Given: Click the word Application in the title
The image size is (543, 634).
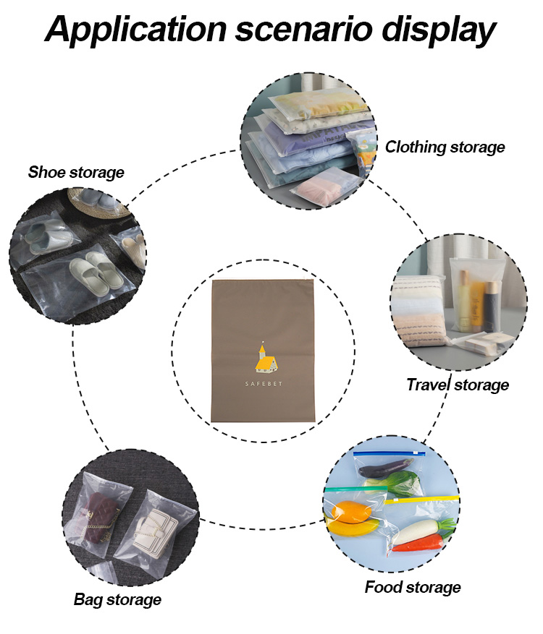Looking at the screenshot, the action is click(x=136, y=30).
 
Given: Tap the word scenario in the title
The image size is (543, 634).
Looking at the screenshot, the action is click(x=303, y=30).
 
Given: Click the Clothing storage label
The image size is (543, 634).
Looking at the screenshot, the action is click(x=445, y=147).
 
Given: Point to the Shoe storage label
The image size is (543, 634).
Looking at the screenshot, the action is click(x=76, y=172).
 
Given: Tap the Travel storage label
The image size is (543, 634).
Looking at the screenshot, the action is click(x=458, y=385).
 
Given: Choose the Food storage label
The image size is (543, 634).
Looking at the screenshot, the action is click(x=413, y=587).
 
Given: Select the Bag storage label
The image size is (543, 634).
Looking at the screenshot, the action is click(x=117, y=599).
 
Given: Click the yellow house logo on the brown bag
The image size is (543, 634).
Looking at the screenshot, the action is click(x=266, y=357).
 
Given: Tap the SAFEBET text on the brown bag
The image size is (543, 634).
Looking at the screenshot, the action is click(x=264, y=384).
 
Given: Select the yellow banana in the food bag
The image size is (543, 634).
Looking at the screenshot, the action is click(x=353, y=527).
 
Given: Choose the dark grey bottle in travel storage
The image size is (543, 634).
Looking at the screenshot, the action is click(x=491, y=306).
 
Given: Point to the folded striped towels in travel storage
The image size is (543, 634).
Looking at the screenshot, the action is click(x=419, y=311).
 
